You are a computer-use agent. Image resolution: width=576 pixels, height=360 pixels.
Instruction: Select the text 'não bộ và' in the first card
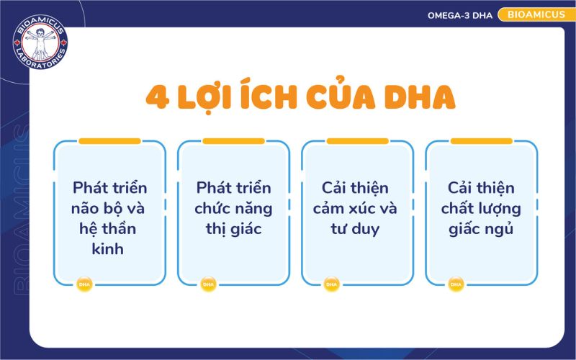pos(109,209)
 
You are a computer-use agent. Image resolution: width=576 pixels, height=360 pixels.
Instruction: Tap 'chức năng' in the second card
pos(234,209)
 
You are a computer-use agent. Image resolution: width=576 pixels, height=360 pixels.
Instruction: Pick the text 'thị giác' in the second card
pos(234,230)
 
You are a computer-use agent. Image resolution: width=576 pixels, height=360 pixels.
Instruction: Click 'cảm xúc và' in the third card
pos(359,209)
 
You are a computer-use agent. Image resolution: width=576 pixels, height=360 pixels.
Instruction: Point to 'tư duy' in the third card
pos(359,230)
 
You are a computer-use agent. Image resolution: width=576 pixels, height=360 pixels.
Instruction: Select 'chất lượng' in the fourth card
pos(482,209)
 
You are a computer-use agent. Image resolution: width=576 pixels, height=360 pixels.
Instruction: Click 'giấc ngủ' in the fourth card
pos(482,230)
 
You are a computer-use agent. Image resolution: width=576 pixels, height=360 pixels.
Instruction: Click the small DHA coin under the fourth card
pos(456,284)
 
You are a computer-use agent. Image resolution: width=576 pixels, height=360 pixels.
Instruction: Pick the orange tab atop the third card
pos(357,141)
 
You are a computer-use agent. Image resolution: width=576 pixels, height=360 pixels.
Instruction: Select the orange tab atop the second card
pos(233,141)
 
